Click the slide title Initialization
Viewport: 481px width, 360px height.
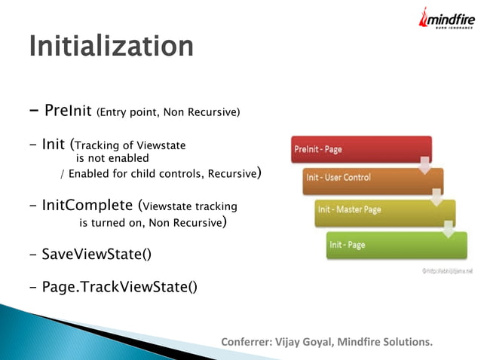[x=111, y=46]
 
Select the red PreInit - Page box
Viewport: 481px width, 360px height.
[x=360, y=149]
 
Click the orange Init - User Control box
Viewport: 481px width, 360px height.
[x=372, y=178]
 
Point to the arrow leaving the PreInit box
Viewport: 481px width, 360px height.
[x=425, y=163]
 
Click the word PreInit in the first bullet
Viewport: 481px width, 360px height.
[x=68, y=111]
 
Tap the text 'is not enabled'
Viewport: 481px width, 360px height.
[x=113, y=159]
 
